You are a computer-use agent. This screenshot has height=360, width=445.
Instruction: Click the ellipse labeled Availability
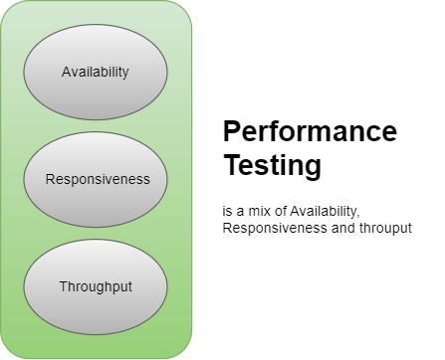click(96, 72)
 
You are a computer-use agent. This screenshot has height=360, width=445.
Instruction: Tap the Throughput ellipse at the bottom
click(96, 286)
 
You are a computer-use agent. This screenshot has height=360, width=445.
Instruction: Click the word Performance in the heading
click(310, 132)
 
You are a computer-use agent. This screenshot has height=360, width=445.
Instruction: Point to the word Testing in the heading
click(272, 165)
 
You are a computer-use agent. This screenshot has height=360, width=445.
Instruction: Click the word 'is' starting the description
click(228, 212)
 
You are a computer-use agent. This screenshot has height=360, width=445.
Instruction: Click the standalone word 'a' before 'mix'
click(240, 212)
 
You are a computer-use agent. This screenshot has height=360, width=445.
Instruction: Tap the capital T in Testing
click(230, 164)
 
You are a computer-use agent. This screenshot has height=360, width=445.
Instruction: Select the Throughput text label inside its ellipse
click(96, 286)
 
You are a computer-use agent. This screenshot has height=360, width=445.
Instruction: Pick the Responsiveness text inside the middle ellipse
click(98, 180)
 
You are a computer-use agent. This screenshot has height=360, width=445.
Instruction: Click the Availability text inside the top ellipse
click(96, 72)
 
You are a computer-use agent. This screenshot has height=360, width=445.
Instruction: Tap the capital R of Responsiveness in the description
click(228, 229)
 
